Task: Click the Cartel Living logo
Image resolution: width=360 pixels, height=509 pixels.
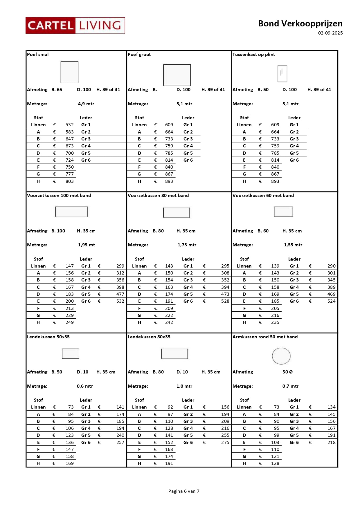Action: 75,26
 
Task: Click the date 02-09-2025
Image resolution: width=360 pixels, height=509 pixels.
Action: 330,33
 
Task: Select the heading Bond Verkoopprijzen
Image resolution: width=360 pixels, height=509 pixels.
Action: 300,24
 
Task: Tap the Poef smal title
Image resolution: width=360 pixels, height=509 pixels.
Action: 38,55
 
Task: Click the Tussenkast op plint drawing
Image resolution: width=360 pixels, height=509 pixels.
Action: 282,73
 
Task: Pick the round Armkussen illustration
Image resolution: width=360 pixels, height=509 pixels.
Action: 281,356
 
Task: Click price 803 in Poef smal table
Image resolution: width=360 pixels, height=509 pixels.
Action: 69,181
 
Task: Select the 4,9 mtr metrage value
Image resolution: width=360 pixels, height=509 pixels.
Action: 86,104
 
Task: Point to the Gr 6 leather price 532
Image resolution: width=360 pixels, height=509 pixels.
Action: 120,301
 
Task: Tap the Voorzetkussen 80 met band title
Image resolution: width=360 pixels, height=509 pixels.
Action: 158,196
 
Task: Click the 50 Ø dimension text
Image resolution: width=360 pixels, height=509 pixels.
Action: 287,372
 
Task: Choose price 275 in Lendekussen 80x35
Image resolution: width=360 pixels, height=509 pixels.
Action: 225,443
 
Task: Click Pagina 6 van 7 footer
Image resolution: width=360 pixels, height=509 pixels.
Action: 184,491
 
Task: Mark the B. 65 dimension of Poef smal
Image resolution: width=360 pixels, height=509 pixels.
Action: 57,90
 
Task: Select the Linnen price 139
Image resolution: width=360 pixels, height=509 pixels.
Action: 275,266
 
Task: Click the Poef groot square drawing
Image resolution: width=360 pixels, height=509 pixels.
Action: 177,75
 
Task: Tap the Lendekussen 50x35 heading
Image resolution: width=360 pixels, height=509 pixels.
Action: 48,337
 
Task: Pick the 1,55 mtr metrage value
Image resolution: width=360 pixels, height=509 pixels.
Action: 293,245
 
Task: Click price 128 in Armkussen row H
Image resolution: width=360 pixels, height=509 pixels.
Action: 275,463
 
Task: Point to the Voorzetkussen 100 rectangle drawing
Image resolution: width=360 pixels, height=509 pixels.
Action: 71,212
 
